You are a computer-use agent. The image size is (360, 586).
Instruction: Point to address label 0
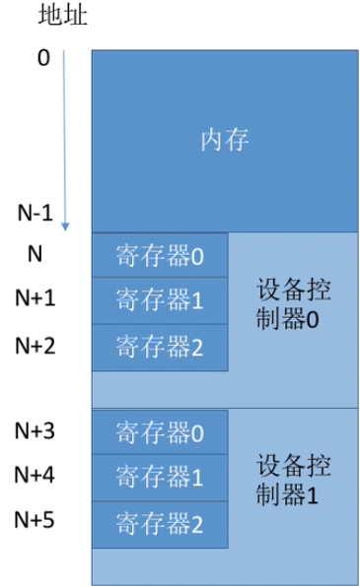42,59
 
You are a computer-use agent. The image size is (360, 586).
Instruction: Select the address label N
35,254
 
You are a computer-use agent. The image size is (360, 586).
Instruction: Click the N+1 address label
35,298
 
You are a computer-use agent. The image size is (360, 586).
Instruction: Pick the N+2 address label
35,344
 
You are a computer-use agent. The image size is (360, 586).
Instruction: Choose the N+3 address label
35,429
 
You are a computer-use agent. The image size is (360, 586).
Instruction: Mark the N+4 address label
35,475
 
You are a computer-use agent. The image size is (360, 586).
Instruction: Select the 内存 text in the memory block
224,140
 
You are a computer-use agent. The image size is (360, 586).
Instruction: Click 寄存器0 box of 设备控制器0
159,256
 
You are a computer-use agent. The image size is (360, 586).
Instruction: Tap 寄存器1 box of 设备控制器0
159,300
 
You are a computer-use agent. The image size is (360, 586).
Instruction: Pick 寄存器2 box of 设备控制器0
159,346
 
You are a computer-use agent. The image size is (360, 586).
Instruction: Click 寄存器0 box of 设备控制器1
159,432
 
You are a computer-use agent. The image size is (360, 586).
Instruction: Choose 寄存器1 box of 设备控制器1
159,478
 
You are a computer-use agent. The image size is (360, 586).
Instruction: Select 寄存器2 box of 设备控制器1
159,523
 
